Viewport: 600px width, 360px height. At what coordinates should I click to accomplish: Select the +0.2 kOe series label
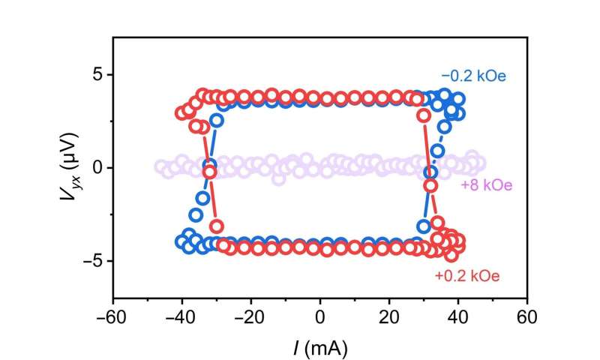(x=466, y=276)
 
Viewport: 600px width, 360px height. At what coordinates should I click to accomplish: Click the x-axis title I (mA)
(x=320, y=347)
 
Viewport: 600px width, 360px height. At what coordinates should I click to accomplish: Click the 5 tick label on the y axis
(x=97, y=74)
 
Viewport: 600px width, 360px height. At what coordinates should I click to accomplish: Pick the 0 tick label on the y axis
(x=97, y=167)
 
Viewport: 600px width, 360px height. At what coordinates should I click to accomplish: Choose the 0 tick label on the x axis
(x=320, y=316)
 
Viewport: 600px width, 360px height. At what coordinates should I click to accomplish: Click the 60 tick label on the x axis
(x=527, y=316)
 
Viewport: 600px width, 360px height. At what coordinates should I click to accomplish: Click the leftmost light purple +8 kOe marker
(x=160, y=167)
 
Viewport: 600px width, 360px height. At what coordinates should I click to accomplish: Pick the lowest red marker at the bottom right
(x=451, y=254)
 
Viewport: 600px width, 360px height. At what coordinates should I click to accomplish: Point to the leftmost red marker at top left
(x=182, y=112)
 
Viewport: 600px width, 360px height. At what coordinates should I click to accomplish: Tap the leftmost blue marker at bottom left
(x=181, y=241)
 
